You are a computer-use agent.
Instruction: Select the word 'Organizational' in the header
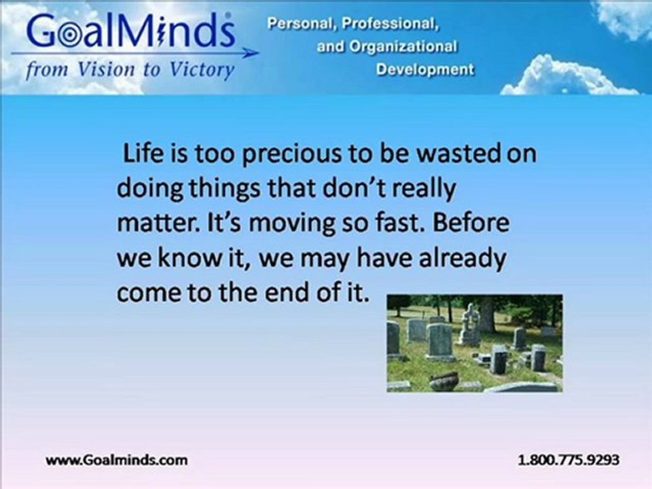point(410,47)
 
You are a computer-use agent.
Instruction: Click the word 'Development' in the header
point(425,70)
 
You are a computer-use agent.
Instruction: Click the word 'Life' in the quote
point(139,153)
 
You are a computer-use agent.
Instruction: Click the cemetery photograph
point(474,342)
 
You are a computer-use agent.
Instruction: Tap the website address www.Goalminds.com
point(117,460)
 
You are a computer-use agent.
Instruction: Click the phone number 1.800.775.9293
point(568,460)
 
